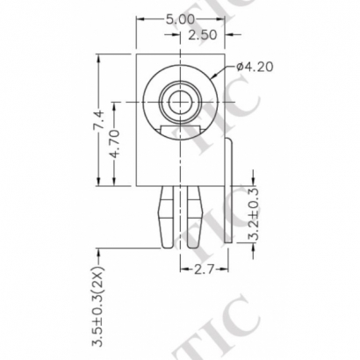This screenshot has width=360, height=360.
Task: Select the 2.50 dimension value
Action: click(204, 35)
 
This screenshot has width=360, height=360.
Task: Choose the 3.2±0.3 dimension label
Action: click(255, 213)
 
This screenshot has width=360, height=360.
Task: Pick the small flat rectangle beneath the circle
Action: click(183, 132)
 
